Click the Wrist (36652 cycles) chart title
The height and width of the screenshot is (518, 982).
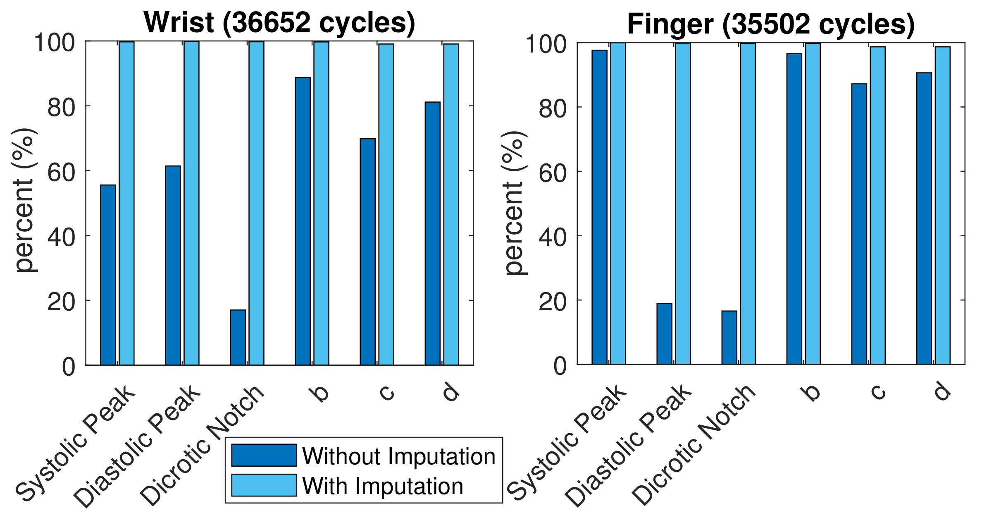[279, 22]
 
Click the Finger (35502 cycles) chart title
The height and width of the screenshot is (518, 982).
[771, 24]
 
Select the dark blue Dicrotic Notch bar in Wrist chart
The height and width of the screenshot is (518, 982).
[238, 337]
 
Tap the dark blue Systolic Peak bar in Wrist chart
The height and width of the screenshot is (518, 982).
[108, 275]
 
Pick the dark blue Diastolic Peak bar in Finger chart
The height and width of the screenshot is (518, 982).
[664, 333]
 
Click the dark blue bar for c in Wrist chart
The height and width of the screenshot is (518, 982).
[367, 252]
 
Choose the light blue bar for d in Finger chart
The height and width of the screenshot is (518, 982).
[942, 205]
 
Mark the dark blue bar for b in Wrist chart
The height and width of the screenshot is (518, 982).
[303, 221]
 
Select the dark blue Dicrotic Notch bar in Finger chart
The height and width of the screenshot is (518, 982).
[729, 337]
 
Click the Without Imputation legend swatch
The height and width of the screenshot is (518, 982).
[264, 455]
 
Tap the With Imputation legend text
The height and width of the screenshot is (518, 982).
[382, 486]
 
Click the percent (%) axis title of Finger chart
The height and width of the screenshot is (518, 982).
[515, 203]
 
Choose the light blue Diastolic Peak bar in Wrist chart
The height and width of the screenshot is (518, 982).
[191, 203]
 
